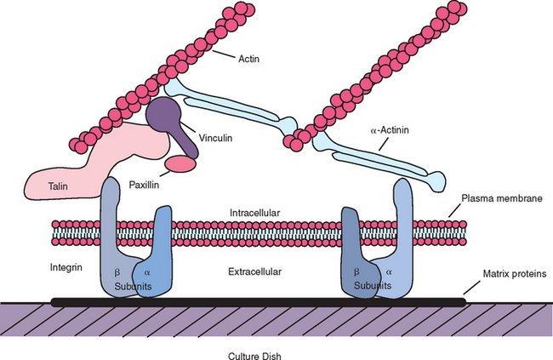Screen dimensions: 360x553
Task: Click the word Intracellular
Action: click(254, 212)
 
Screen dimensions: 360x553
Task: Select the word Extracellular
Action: click(255, 271)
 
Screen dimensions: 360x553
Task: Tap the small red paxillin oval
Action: click(180, 163)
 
